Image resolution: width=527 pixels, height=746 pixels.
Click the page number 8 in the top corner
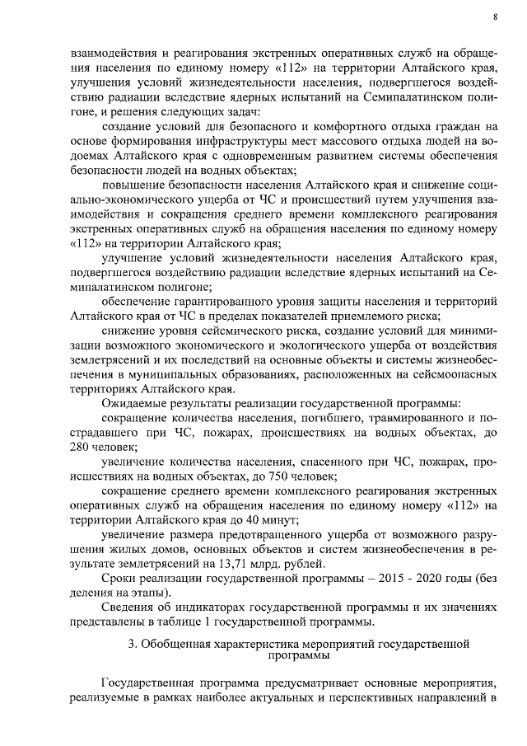[495, 16]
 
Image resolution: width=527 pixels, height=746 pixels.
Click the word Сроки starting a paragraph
[118, 579]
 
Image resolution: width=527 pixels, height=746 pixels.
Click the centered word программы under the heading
[298, 656]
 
